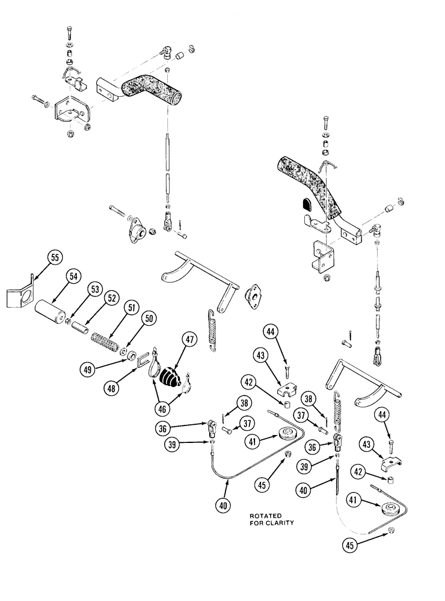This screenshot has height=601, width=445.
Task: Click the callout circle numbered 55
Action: (55, 258)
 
